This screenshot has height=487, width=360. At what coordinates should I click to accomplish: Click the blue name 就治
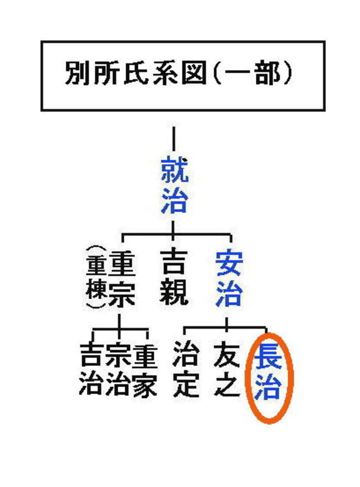pyautogui.click(x=174, y=186)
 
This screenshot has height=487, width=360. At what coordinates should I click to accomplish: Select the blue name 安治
pyautogui.click(x=230, y=279)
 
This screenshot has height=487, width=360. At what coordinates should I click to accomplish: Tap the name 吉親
pyautogui.click(x=174, y=278)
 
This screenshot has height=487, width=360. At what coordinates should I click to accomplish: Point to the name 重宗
pyautogui.click(x=123, y=279)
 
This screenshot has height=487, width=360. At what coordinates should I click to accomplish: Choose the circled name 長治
pyautogui.click(x=268, y=373)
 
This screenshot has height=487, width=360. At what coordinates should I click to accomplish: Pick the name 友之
pyautogui.click(x=227, y=370)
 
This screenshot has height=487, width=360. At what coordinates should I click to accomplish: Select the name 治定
pyautogui.click(x=186, y=370)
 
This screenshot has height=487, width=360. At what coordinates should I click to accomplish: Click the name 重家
pyautogui.click(x=144, y=370)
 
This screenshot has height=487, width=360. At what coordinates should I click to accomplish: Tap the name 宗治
pyautogui.click(x=118, y=370)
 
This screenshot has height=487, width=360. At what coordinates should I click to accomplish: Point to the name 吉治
pyautogui.click(x=92, y=370)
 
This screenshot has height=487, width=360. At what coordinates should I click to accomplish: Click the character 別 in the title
pyautogui.click(x=77, y=74)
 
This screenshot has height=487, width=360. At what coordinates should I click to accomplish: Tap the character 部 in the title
pyautogui.click(x=267, y=74)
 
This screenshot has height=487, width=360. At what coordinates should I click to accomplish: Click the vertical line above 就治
pyautogui.click(x=174, y=139)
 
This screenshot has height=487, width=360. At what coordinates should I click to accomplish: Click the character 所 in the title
pyautogui.click(x=106, y=74)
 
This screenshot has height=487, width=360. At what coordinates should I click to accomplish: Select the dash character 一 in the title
pyautogui.click(x=237, y=74)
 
